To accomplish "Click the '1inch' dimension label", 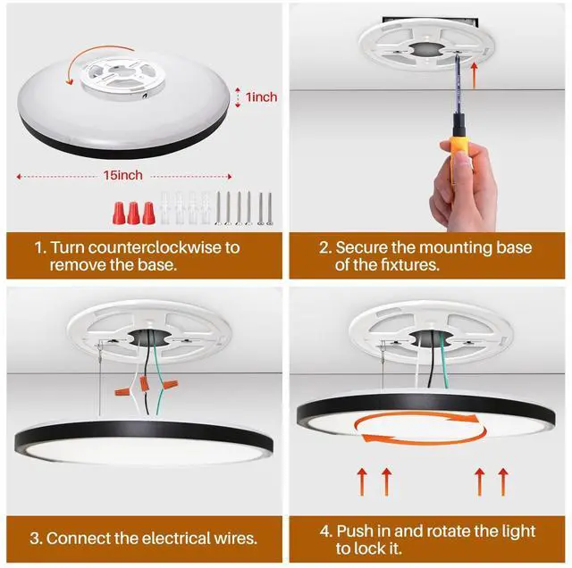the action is click(261, 97).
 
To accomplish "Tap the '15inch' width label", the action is click(123, 175).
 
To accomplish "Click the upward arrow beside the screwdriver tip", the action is click(474, 76).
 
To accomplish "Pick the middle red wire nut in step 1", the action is click(133, 213).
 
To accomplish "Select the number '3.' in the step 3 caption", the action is click(36, 539).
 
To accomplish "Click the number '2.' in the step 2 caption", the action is click(325, 248).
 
